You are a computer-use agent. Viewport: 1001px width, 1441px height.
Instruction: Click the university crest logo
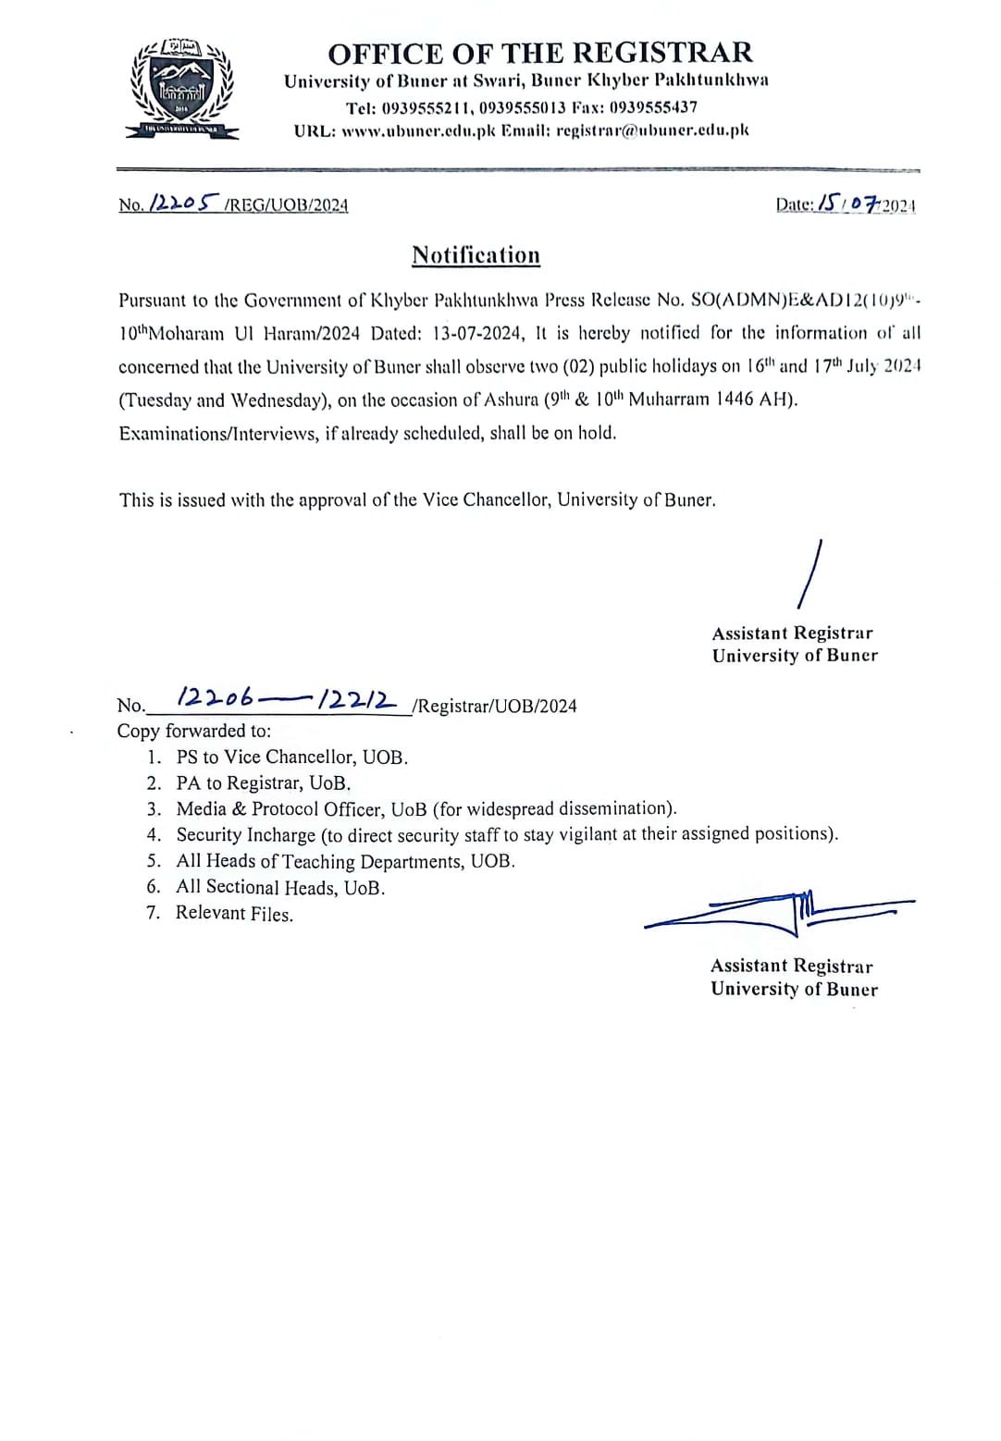click(182, 90)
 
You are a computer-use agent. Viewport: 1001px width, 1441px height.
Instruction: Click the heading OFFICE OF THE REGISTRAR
click(540, 52)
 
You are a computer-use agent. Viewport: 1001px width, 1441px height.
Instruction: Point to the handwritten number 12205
click(184, 203)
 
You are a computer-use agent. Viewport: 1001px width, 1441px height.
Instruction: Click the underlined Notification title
click(476, 255)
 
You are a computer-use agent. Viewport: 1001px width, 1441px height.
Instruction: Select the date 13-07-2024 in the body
click(478, 333)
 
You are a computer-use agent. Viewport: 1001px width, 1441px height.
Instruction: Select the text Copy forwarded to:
click(194, 731)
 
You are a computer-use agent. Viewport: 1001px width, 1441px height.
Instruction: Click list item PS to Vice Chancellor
click(291, 757)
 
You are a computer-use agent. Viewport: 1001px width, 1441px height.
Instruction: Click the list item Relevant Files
click(234, 914)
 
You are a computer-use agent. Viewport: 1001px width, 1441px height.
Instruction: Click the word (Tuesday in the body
click(154, 400)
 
